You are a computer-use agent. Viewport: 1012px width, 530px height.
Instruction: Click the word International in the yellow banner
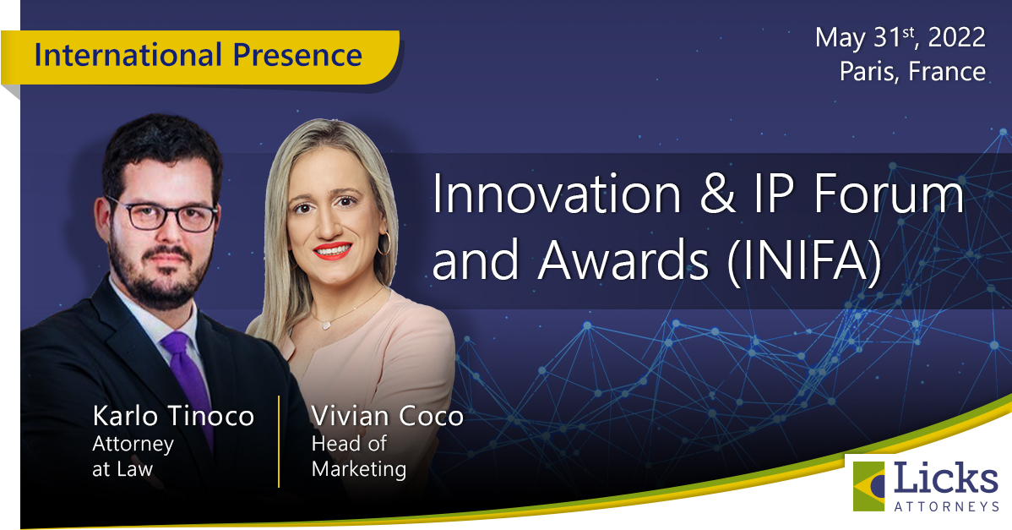point(128,55)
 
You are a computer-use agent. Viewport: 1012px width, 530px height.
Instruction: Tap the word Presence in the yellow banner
point(297,55)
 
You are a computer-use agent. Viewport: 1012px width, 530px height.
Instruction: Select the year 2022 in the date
point(956,37)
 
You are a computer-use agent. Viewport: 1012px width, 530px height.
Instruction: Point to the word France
point(947,71)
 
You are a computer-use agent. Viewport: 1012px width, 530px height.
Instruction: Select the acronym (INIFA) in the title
point(804,261)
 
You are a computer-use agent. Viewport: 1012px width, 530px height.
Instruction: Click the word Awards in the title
point(623,261)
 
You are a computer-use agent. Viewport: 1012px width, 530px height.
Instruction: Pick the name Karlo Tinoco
point(173,416)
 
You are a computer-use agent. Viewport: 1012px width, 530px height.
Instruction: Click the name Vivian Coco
point(387,416)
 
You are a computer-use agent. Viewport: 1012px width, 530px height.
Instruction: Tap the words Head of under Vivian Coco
point(349,444)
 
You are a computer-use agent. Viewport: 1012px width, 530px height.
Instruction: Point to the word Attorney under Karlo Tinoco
point(133,445)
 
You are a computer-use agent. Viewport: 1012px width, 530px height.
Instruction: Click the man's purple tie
point(188,381)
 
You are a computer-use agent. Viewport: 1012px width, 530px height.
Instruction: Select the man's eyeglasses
point(165,215)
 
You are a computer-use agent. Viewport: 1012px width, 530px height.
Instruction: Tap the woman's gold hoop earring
point(384,243)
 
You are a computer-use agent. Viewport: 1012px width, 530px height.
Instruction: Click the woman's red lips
point(332,250)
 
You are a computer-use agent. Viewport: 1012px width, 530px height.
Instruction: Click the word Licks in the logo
point(945,478)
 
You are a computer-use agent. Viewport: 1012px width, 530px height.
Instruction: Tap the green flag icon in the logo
point(869,485)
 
